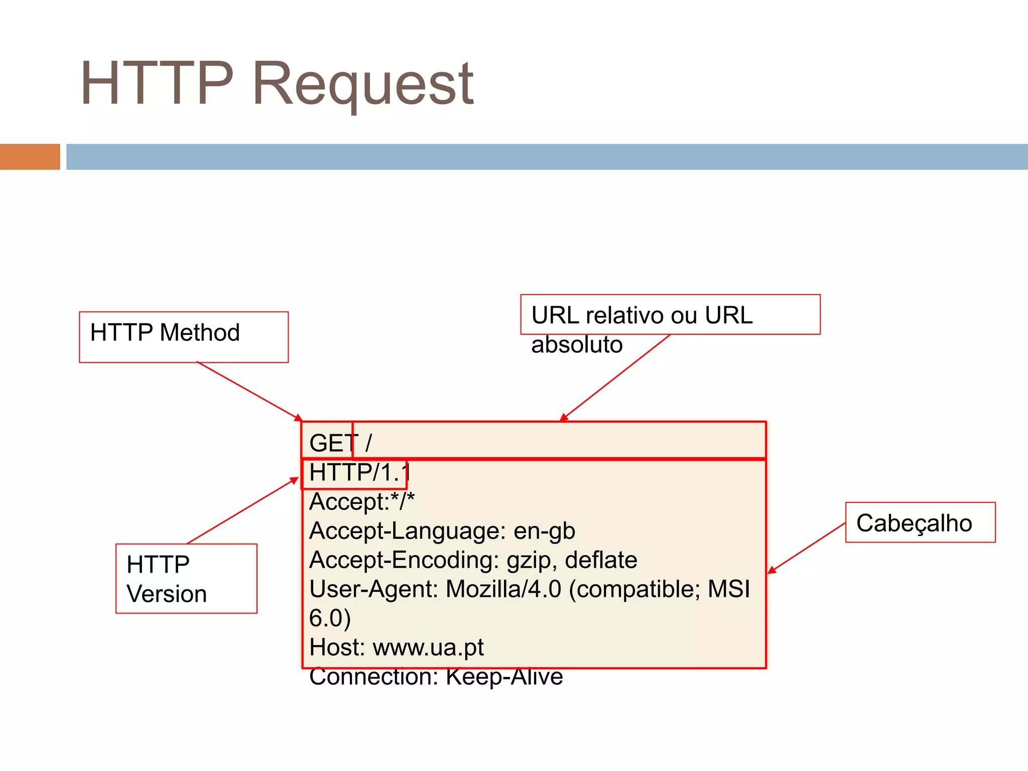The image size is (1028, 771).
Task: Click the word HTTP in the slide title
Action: [157, 83]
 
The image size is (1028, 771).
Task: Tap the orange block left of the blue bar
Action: [30, 157]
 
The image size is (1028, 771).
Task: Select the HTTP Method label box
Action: [184, 337]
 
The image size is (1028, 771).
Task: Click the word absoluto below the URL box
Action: [577, 345]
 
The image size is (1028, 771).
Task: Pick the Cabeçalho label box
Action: [920, 523]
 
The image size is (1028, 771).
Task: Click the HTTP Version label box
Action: [186, 578]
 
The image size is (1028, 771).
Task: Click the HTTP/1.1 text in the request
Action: [359, 472]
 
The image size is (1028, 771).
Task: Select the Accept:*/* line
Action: [362, 501]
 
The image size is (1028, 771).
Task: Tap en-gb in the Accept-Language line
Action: [544, 531]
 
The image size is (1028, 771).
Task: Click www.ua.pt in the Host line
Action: [428, 647]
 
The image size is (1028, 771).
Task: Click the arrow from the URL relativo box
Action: [615, 378]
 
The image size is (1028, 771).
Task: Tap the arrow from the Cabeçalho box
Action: [807, 548]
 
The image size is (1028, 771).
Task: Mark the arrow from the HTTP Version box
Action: [242, 511]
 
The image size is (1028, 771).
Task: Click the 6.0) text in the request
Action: [330, 618]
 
